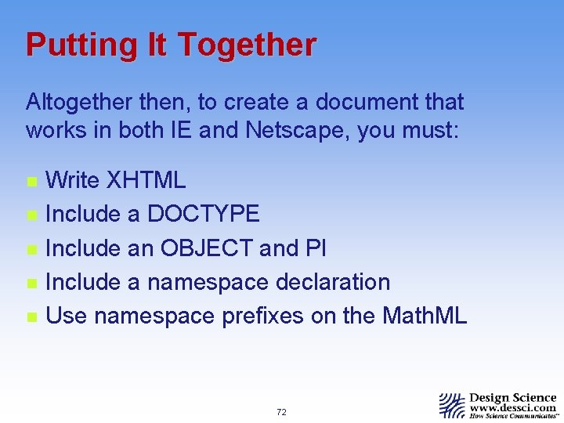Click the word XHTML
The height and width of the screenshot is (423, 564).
click(x=146, y=180)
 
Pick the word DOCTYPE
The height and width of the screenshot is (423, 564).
click(x=203, y=214)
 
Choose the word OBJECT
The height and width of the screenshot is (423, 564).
click(x=207, y=248)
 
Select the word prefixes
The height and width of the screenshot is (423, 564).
click(x=266, y=316)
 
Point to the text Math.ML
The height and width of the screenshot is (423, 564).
click(x=425, y=316)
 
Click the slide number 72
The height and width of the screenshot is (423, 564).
click(x=281, y=412)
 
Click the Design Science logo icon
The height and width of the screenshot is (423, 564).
click(x=452, y=405)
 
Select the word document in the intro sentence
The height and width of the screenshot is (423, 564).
click(x=367, y=102)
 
